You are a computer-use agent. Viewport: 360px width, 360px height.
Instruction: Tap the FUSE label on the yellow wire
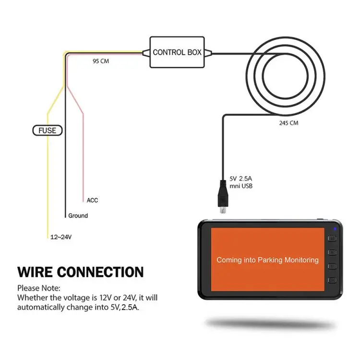click(47, 130)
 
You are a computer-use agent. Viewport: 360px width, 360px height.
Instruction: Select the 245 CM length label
click(288, 123)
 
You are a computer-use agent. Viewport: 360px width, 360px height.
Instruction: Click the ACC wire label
click(93, 200)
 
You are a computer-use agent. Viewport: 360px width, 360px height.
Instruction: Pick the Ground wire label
click(78, 216)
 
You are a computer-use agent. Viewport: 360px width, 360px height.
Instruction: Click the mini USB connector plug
click(222, 197)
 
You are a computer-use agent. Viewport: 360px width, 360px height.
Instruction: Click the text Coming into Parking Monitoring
click(267, 260)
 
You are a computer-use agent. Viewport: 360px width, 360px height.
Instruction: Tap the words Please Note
click(39, 288)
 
